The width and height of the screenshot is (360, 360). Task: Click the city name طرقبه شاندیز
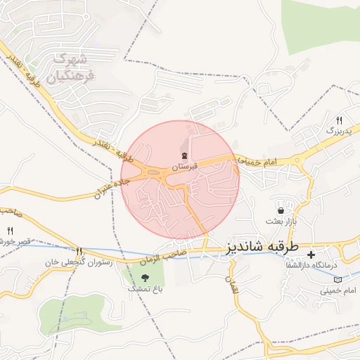coord(262,247)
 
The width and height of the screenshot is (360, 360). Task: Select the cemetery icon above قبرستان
coord(184,156)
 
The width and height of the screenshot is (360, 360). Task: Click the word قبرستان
coord(183,167)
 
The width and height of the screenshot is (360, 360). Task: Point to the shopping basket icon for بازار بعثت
coord(281,210)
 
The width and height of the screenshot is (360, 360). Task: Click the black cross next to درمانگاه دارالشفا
coord(310,254)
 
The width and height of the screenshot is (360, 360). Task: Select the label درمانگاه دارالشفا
coord(335,265)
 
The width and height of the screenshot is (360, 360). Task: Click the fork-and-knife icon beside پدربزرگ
coord(339,120)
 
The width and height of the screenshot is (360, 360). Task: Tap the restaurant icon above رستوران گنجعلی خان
coord(79,251)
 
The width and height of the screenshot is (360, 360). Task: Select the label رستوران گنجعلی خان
coord(70,262)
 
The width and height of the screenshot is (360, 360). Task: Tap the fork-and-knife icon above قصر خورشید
coord(10,231)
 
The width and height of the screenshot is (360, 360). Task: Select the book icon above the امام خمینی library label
coord(338,279)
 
